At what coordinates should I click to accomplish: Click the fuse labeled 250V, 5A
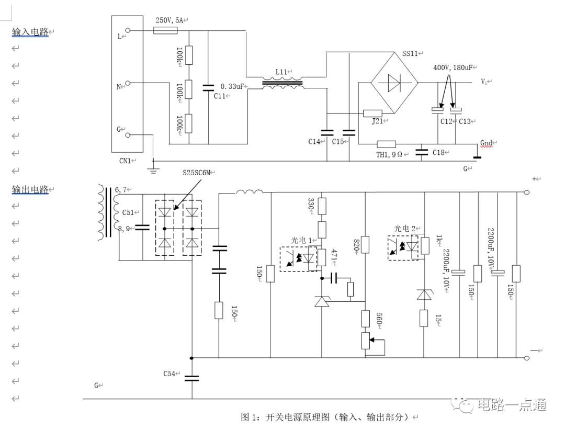click(165, 31)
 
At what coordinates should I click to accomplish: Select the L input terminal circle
click(128, 31)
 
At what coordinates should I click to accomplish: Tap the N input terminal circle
click(128, 83)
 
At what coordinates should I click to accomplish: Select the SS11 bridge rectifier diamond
click(394, 83)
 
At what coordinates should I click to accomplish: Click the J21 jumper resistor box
click(372, 113)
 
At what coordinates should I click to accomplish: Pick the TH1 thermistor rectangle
click(386, 144)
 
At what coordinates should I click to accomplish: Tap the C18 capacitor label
click(438, 152)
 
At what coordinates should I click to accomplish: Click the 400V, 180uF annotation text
click(453, 67)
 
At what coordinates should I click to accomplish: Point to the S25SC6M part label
click(196, 173)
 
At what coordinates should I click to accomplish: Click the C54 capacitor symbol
click(191, 378)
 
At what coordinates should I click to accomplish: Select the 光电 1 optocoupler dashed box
click(299, 259)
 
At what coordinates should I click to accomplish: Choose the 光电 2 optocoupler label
click(405, 229)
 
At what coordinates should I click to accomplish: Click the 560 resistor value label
click(379, 318)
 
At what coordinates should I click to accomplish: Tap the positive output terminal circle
click(526, 192)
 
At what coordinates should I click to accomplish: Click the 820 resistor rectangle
click(365, 244)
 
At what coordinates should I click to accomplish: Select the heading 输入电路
click(30, 32)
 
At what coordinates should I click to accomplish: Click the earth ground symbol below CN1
click(153, 171)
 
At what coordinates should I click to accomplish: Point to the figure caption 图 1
click(250, 417)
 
